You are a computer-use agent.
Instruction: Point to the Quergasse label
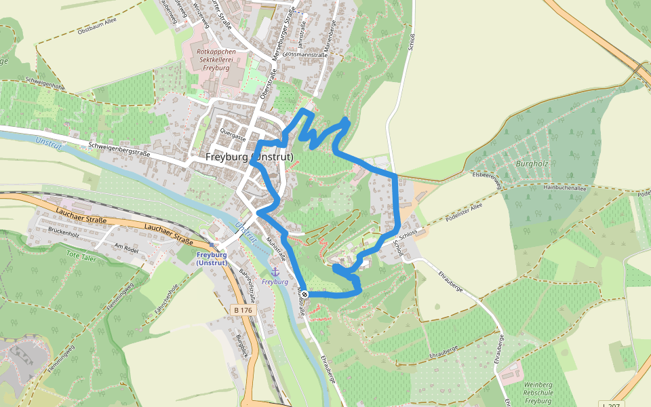coord(233,134)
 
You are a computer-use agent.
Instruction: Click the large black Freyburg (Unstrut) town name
coord(249,157)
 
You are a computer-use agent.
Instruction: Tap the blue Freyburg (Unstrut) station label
coord(212,259)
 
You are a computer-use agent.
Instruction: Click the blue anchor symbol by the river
coord(275,271)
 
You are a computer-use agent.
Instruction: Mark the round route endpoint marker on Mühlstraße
coord(305,294)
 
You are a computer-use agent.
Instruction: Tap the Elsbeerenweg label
coord(487,180)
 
